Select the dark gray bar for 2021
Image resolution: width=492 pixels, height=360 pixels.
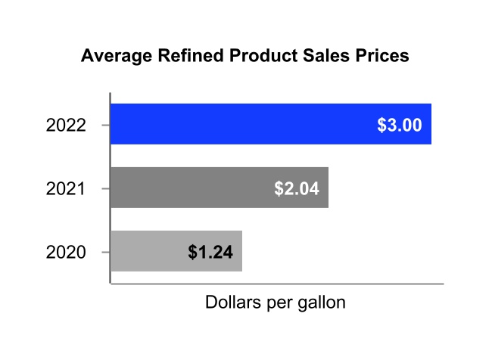click(x=189, y=188)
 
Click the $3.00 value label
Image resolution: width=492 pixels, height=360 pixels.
click(x=399, y=125)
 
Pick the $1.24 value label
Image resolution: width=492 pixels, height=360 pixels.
click(x=210, y=252)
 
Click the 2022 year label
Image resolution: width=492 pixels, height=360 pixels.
click(x=66, y=125)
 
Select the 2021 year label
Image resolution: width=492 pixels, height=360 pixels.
click(x=66, y=188)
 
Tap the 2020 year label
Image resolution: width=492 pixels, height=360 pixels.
click(x=66, y=252)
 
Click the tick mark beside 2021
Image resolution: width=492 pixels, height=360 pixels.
click(x=107, y=188)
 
